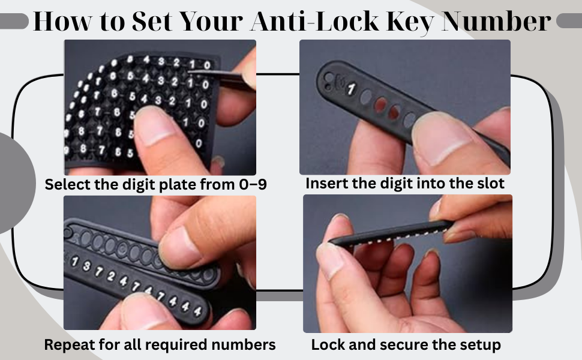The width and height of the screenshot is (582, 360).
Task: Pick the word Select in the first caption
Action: (67, 185)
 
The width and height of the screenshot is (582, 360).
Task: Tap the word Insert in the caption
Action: (325, 184)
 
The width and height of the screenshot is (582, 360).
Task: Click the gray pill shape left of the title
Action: (14, 23)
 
